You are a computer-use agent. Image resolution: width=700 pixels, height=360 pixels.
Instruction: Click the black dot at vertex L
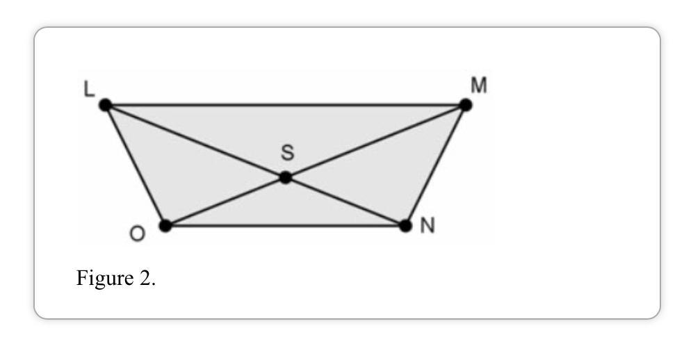pos(106,106)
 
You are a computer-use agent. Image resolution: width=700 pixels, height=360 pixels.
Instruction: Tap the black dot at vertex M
pos(466,106)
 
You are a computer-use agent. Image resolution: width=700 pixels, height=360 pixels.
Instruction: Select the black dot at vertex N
pos(406,225)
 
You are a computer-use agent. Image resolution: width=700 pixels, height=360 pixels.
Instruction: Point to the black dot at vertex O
pos(165,225)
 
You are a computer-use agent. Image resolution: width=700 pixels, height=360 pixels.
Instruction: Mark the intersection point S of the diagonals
pos(286,178)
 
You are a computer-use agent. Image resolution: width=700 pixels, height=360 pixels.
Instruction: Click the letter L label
pos(90,91)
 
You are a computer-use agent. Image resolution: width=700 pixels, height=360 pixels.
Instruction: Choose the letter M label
pos(478,86)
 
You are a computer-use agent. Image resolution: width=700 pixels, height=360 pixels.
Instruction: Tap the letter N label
pos(427,227)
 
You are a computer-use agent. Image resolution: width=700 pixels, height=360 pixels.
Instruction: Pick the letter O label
pos(138,234)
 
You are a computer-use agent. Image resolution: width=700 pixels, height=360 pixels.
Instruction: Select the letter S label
pos(287,155)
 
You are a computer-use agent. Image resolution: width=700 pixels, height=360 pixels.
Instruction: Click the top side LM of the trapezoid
pos(285,106)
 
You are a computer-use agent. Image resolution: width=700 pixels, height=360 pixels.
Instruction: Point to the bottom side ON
pos(285,225)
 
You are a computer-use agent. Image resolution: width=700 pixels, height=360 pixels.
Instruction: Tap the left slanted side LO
pos(136,165)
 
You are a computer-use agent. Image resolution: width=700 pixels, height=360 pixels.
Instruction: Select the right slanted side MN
pos(436,165)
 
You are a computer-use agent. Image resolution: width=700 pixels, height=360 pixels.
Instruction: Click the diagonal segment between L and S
pos(195,141)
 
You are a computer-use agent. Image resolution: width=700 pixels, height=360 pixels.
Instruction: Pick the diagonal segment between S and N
pos(346,202)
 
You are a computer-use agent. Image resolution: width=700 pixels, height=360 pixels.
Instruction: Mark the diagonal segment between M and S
pos(375,142)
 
